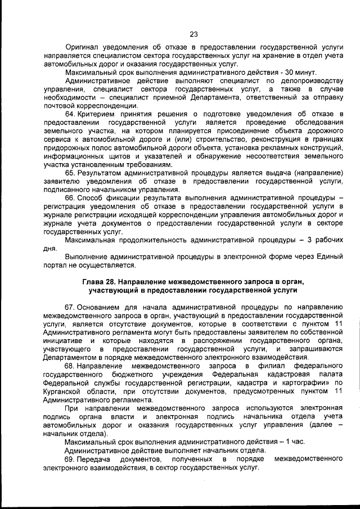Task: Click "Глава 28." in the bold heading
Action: [101, 281]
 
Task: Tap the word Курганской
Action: [64, 391]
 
